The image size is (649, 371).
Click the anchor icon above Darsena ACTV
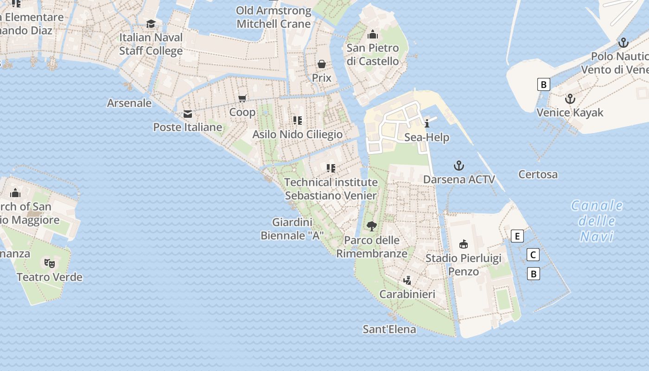click(x=459, y=166)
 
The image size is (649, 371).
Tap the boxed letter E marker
click(x=517, y=236)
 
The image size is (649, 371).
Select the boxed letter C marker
click(x=533, y=255)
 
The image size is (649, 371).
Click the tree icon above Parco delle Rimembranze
click(x=371, y=226)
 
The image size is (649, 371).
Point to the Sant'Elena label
click(x=389, y=329)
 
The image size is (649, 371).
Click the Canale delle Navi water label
click(x=597, y=221)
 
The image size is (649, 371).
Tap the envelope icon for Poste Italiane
click(x=188, y=114)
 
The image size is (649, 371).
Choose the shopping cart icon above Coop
click(x=242, y=98)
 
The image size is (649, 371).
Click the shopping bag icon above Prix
click(x=321, y=64)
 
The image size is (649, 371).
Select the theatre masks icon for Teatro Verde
click(x=50, y=263)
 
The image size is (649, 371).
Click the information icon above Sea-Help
click(x=427, y=123)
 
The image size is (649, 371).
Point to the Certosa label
click(x=538, y=174)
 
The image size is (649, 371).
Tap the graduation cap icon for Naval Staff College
click(x=151, y=24)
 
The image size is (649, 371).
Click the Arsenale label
click(x=129, y=103)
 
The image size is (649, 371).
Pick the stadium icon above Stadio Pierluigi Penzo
click(x=463, y=244)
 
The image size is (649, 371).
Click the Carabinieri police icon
click(x=407, y=280)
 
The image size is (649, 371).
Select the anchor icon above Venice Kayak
click(x=570, y=99)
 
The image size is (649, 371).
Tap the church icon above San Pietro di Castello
click(x=372, y=34)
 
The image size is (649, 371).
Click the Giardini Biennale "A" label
click(x=292, y=229)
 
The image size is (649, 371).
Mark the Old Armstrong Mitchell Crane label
click(x=274, y=17)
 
